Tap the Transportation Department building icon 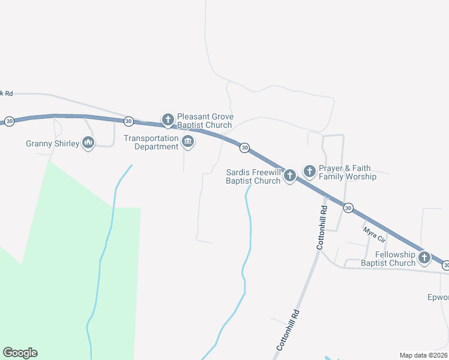coord(188,142)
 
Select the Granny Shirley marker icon coord(88,143)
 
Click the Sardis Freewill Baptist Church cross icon coord(290,176)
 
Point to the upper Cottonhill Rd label coord(322,228)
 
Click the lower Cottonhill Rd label coord(288,331)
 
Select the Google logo coord(20,353)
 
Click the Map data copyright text coord(423,355)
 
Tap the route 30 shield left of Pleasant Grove coord(128,121)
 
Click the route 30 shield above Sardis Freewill coord(244,148)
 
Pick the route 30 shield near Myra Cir coord(348,208)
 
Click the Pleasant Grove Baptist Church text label coord(205,121)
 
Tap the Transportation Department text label coord(151,142)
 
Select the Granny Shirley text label coord(53,143)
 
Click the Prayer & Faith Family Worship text coord(348,172)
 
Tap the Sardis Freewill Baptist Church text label coord(253,176)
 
